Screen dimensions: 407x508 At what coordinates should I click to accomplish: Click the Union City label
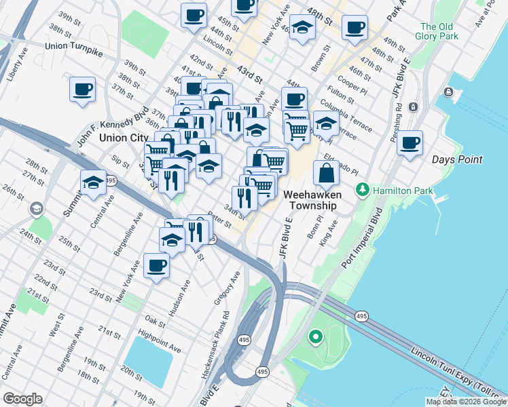124,138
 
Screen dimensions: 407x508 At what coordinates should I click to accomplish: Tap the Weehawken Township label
310,199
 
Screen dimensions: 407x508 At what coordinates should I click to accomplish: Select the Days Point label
457,159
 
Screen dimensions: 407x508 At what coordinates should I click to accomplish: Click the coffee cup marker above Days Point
410,143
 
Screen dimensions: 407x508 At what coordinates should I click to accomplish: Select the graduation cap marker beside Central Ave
93,182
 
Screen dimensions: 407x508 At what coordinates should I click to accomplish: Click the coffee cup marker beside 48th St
355,28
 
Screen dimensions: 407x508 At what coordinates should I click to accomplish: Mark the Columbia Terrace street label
346,115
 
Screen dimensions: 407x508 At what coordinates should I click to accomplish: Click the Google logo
22,399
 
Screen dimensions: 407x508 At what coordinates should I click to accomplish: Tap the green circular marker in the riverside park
315,336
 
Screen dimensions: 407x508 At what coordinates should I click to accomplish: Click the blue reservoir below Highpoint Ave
149,360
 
